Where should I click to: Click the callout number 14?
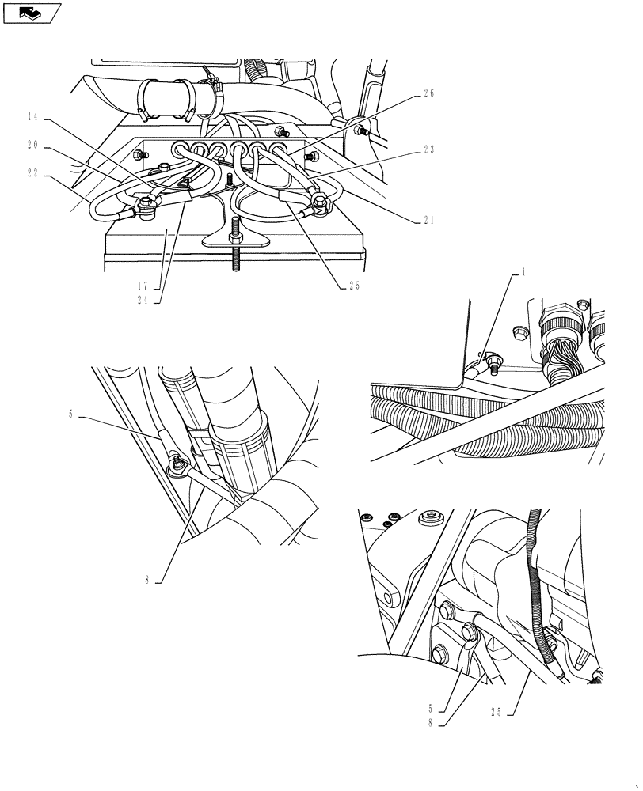coord(32,117)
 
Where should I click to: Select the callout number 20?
coord(32,146)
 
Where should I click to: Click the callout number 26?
coord(428,93)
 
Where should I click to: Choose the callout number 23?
coord(428,149)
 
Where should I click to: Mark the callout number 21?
coord(428,221)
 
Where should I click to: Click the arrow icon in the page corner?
coord(32,13)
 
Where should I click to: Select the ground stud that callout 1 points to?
coord(492,363)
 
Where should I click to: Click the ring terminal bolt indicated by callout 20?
coord(146,208)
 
